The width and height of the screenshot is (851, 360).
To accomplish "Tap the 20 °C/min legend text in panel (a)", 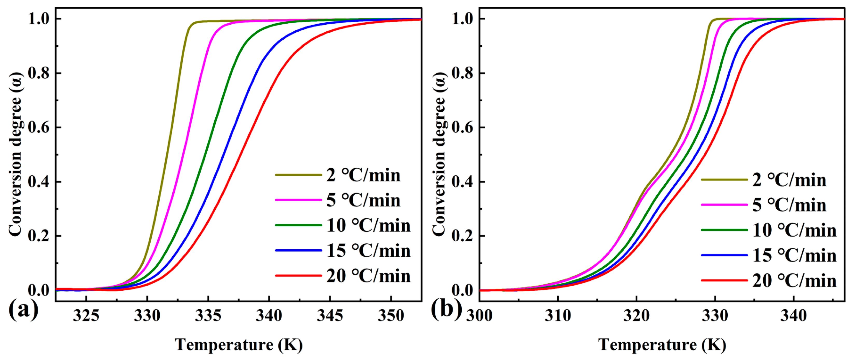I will [x=368, y=276].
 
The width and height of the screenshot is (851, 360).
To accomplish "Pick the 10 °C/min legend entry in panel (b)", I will [x=794, y=230].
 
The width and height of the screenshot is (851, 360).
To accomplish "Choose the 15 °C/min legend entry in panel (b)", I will [x=794, y=255].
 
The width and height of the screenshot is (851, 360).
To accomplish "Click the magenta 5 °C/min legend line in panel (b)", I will [x=724, y=205].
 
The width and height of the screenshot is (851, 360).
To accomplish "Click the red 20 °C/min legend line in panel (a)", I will [x=298, y=276].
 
